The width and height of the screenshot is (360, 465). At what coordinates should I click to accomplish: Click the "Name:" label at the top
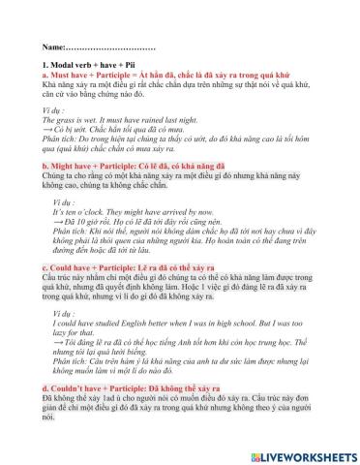55,46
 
